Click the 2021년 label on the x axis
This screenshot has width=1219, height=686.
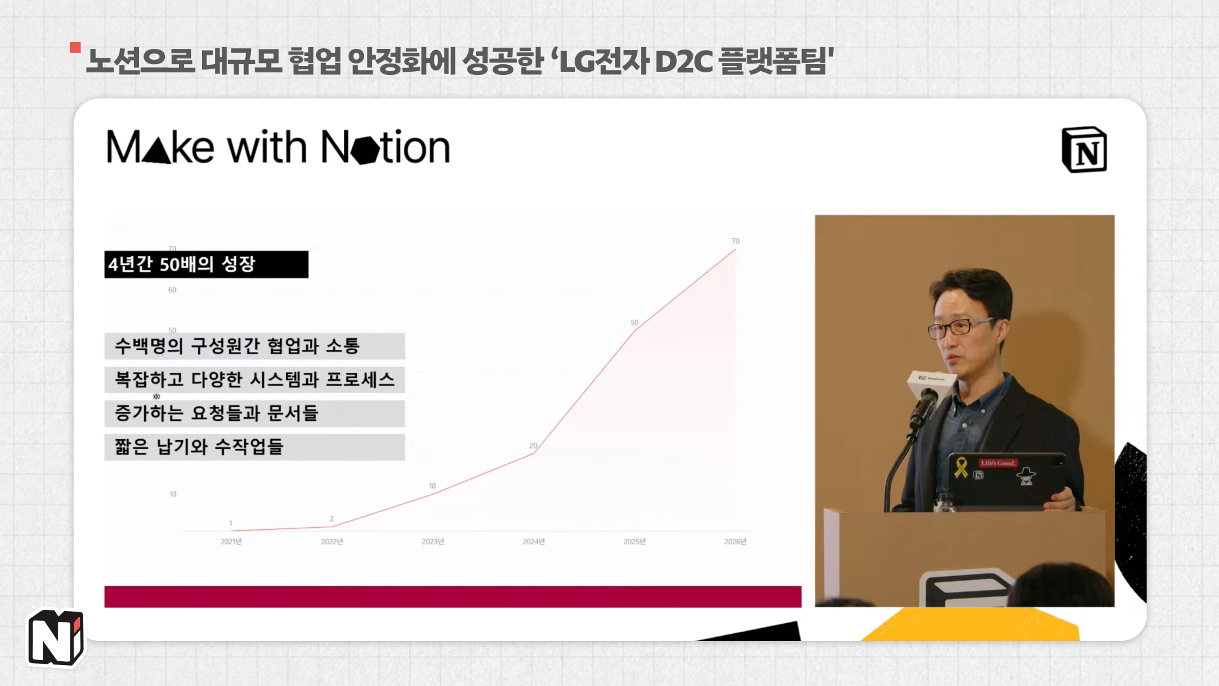pos(231,542)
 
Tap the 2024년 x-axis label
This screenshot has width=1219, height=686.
pos(533,542)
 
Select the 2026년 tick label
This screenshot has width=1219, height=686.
pos(735,542)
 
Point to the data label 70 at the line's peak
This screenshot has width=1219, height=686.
pos(735,241)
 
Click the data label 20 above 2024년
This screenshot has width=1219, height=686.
pos(533,446)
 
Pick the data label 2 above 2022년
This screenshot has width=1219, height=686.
pos(331,519)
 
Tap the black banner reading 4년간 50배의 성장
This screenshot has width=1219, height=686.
pos(206,264)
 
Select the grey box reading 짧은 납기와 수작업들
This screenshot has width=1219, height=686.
pos(254,447)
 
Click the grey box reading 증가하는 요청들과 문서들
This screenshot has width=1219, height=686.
pos(254,414)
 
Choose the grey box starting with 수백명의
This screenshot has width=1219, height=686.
pos(254,346)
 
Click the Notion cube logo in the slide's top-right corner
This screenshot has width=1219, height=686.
pos(1084,151)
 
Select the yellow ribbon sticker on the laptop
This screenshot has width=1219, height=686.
pos(961,467)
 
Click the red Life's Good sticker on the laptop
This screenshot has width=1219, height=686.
pos(997,463)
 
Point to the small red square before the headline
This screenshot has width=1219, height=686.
pos(75,48)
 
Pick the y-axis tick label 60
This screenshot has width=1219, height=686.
pos(172,290)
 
